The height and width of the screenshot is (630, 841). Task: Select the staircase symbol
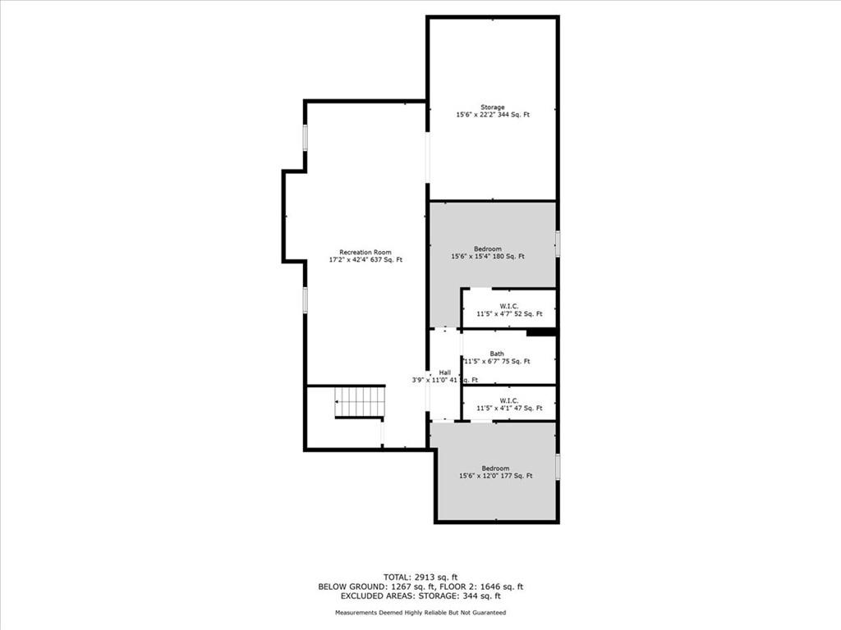[x=360, y=402]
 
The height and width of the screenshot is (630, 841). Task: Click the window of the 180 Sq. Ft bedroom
[x=558, y=244]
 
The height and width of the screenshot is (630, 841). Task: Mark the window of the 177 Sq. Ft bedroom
[x=558, y=467]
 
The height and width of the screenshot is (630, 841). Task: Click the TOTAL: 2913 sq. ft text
[x=420, y=577]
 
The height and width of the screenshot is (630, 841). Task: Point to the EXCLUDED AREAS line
[x=420, y=596]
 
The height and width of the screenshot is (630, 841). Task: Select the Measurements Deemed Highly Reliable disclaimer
[x=420, y=612]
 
